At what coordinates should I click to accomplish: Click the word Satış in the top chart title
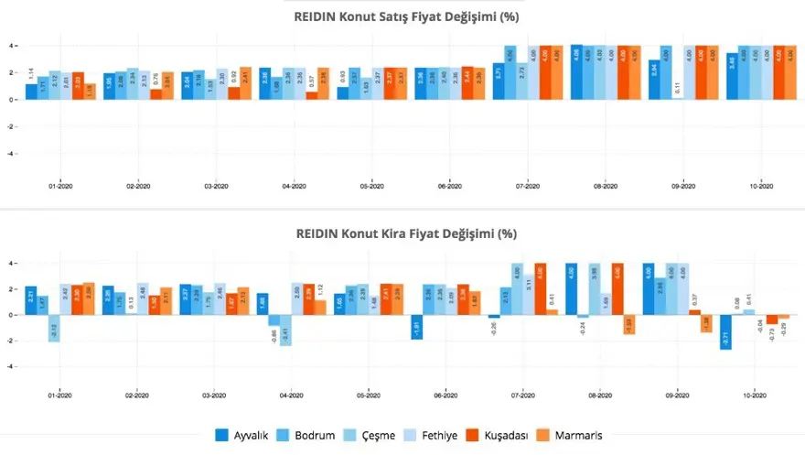(x=393, y=17)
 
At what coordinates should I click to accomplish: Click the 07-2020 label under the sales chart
(x=525, y=186)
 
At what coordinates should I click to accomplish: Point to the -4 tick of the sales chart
(x=11, y=154)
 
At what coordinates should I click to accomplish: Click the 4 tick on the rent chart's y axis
(x=11, y=264)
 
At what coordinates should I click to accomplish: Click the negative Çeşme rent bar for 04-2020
(x=284, y=330)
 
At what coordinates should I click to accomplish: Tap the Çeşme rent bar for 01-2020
(x=54, y=328)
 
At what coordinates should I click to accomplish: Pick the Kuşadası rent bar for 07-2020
(x=540, y=288)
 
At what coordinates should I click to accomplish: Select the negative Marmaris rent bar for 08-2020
(x=628, y=324)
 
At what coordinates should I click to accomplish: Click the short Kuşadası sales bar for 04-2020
(x=312, y=95)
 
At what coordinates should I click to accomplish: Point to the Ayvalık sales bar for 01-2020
(x=30, y=92)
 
